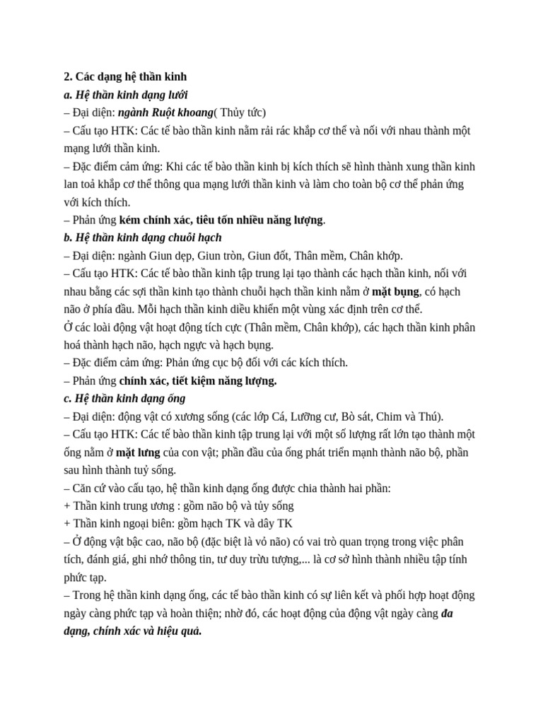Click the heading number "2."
[68, 76]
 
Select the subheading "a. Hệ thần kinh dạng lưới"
[125, 94]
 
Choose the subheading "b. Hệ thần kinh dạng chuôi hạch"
[142, 238]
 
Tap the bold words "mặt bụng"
[396, 292]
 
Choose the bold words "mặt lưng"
[138, 452]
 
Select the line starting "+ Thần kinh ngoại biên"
[177, 524]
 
